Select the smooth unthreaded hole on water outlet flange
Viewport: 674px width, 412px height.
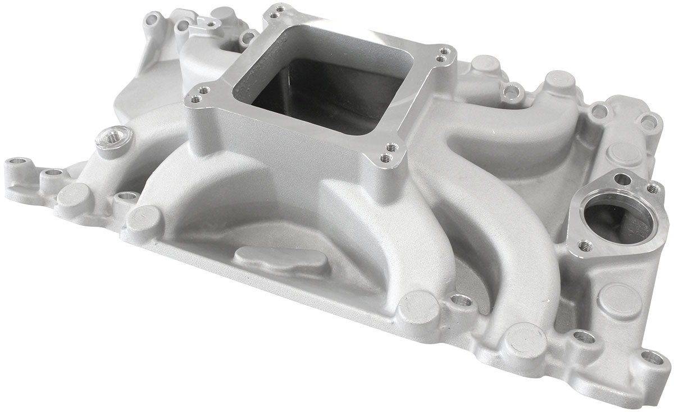[x=622, y=179]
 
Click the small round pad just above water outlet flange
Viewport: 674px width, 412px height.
[x=621, y=152]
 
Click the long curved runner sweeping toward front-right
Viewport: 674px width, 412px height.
[x=505, y=236]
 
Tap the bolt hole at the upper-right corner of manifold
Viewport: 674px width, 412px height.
[x=650, y=120]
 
